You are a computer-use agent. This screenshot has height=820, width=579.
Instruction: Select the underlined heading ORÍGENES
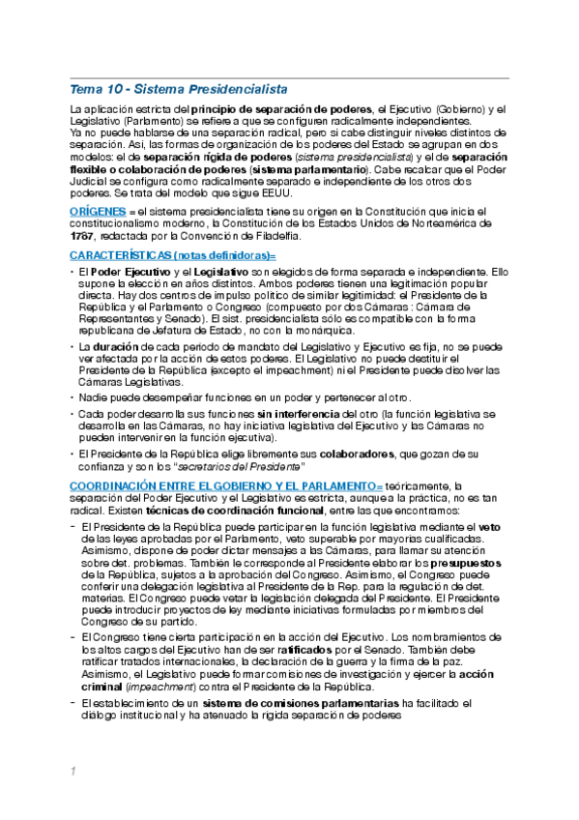97,210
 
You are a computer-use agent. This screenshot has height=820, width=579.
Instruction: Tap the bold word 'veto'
490,526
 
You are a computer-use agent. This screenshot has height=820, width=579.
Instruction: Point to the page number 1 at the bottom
72,771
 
